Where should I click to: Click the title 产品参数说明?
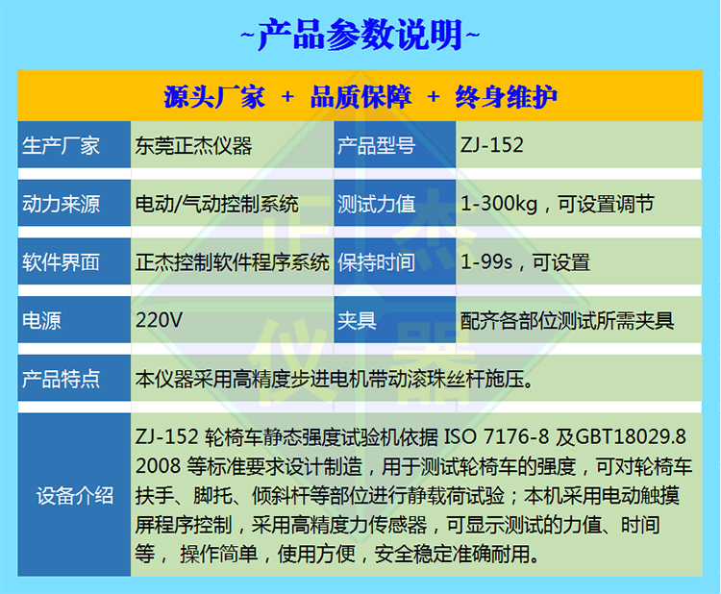[360, 35]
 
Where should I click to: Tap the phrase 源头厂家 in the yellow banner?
[214, 97]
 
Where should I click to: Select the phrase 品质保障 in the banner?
[360, 97]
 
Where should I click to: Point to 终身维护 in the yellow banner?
[507, 97]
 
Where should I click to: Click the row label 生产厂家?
[61, 146]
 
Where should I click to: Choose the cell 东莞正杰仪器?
[193, 146]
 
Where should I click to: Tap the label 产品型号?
[376, 146]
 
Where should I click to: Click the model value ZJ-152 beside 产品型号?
[492, 145]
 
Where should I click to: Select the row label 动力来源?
[61, 204]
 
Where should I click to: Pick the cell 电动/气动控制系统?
[216, 204]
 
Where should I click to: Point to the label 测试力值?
[376, 204]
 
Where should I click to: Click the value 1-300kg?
[499, 204]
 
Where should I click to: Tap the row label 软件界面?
[61, 262]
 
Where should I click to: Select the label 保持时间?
[376, 262]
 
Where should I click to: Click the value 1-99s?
[486, 262]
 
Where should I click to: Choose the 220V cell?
[159, 320]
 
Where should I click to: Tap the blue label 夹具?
[357, 321]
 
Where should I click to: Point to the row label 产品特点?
[61, 380]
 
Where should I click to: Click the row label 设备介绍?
[75, 496]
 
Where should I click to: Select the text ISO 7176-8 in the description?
[497, 436]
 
